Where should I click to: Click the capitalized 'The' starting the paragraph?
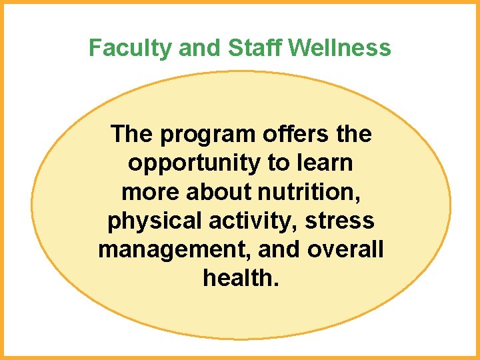132,134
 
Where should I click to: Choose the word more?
151,192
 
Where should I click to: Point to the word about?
217,191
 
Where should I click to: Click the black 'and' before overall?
277,249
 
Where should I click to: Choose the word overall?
346,249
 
